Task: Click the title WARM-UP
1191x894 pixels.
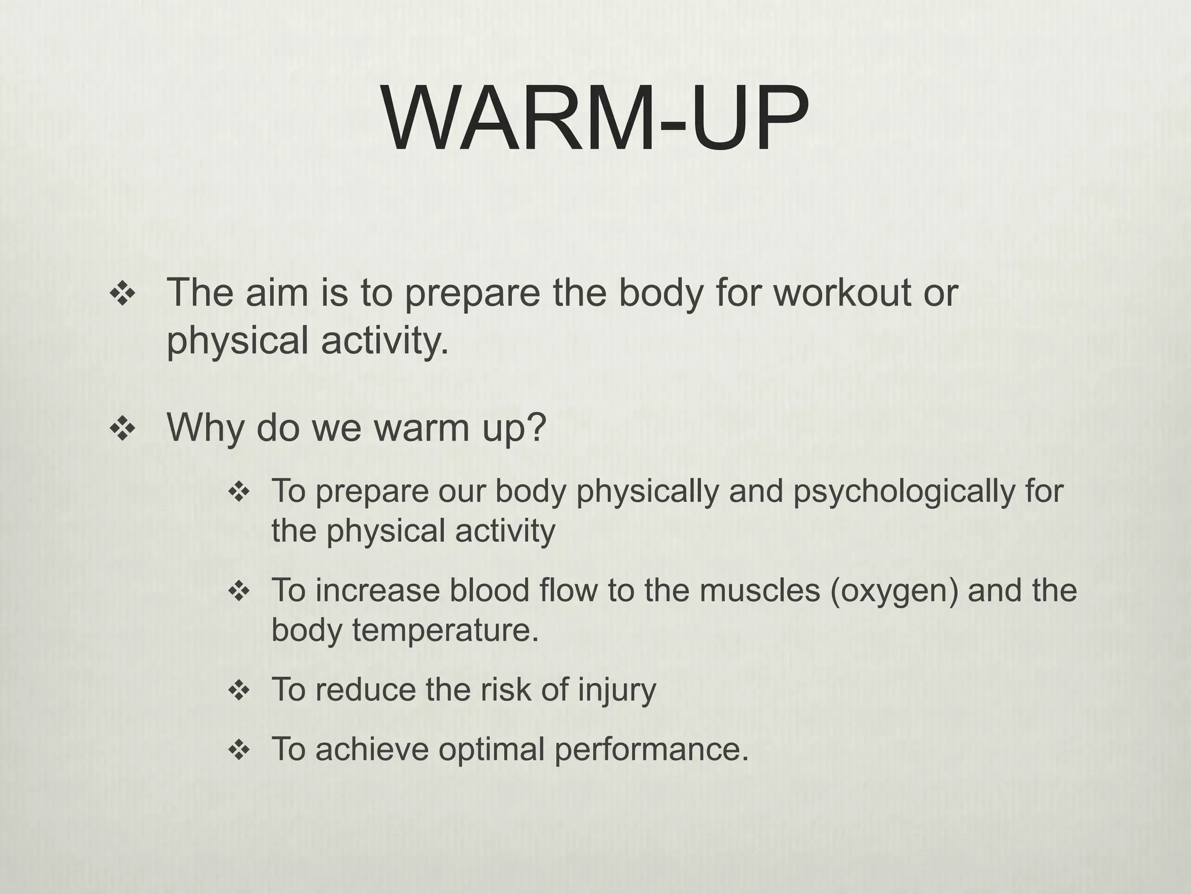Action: click(595, 119)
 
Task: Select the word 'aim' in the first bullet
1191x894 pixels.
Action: click(276, 293)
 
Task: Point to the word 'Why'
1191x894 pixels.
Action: click(206, 427)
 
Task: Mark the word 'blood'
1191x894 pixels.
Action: click(488, 590)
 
